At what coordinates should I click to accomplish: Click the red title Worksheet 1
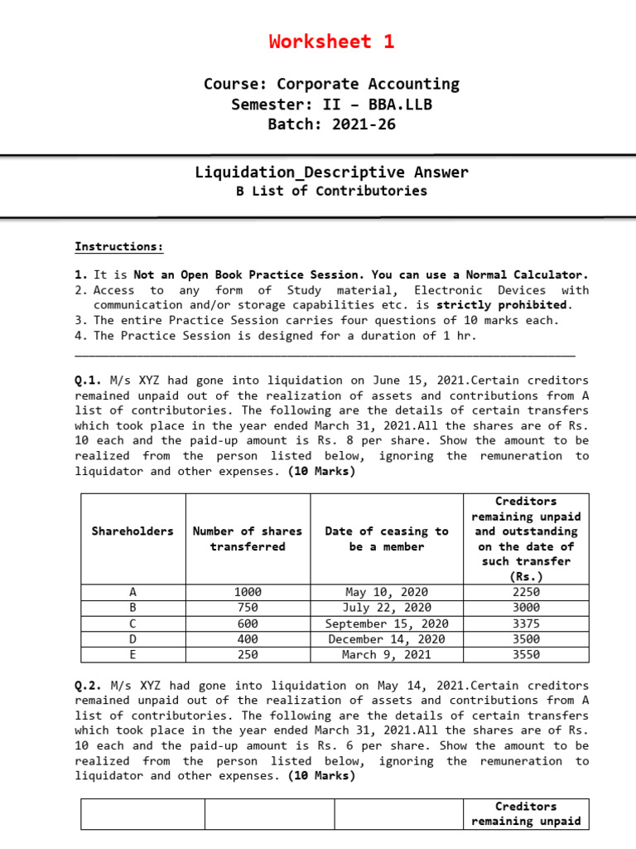pyautogui.click(x=331, y=41)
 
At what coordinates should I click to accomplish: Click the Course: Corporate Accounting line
pyautogui.click(x=331, y=84)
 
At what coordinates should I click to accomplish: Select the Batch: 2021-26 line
pyautogui.click(x=331, y=124)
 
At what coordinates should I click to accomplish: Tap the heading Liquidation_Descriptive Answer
pyautogui.click(x=331, y=172)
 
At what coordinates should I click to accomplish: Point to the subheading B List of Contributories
pyautogui.click(x=331, y=191)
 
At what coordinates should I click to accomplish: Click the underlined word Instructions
pyautogui.click(x=119, y=246)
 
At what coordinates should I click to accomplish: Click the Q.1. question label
pyautogui.click(x=89, y=381)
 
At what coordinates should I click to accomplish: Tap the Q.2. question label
pyautogui.click(x=89, y=686)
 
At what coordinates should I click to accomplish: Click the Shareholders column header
pyautogui.click(x=132, y=531)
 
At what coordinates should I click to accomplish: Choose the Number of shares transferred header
pyautogui.click(x=248, y=539)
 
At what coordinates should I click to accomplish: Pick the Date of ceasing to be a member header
pyautogui.click(x=387, y=539)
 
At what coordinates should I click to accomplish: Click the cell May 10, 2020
pyautogui.click(x=387, y=592)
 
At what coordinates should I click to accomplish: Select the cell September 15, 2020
pyautogui.click(x=387, y=623)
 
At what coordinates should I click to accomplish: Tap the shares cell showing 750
pyautogui.click(x=248, y=608)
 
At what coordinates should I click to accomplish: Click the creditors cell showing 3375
pyautogui.click(x=526, y=623)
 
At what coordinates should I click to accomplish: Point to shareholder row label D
pyautogui.click(x=132, y=639)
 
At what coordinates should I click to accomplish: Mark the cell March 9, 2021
pyautogui.click(x=387, y=654)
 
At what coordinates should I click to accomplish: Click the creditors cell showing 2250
pyautogui.click(x=526, y=592)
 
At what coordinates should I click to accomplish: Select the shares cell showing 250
pyautogui.click(x=248, y=654)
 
